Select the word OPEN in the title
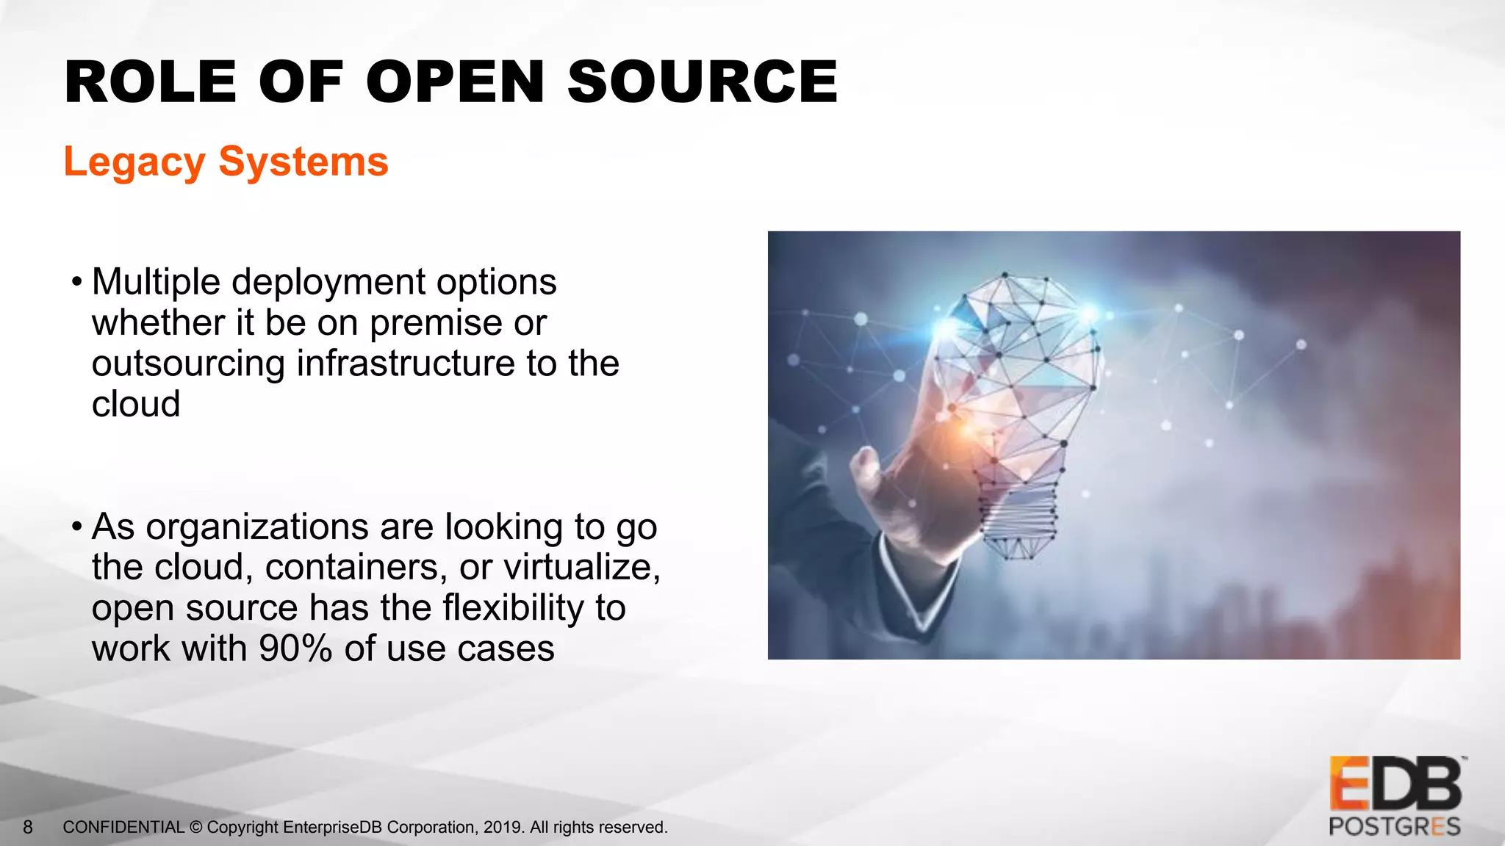point(455,82)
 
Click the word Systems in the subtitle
point(303,162)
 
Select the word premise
point(436,324)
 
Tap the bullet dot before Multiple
point(76,283)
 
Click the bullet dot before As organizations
point(76,527)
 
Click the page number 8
point(28,828)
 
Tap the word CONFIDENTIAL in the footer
point(123,828)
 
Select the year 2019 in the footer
point(503,828)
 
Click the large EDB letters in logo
point(1394,785)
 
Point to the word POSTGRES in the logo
point(1394,827)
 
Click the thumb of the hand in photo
point(866,466)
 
